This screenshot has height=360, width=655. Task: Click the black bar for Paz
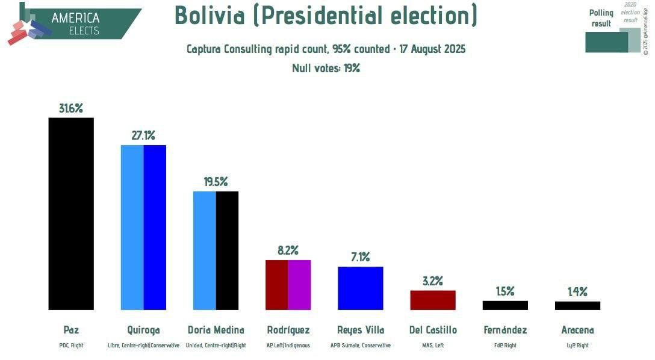(x=71, y=214)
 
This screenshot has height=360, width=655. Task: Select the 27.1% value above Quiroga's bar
(x=143, y=135)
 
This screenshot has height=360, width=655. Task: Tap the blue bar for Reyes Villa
(x=360, y=288)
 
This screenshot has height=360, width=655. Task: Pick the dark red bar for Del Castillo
(x=432, y=300)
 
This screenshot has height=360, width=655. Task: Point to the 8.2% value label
(x=288, y=250)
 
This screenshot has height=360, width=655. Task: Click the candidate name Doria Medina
(x=216, y=330)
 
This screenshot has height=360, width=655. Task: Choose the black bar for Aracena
(x=577, y=305)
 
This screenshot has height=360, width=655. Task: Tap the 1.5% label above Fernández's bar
(x=504, y=291)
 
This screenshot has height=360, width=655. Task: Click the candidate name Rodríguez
(x=288, y=330)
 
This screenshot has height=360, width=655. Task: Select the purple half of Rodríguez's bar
(x=299, y=285)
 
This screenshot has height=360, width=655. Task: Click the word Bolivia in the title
(x=210, y=16)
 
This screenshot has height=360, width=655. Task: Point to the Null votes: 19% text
(x=326, y=68)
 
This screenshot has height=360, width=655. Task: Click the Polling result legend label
(x=601, y=18)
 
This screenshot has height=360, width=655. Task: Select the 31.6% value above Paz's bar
(x=71, y=108)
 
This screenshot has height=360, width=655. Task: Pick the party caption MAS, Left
(x=432, y=346)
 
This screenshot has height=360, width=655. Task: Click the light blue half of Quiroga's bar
(x=132, y=228)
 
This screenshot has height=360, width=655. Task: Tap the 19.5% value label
(x=216, y=182)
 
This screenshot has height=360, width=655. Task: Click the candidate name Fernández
(x=504, y=330)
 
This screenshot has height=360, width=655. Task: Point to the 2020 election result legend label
(x=630, y=12)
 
